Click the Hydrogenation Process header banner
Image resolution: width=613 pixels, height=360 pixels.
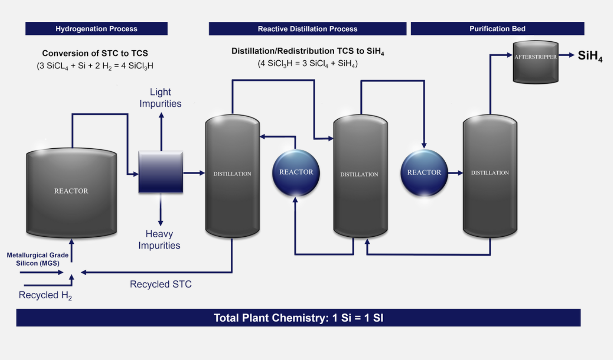(96, 29)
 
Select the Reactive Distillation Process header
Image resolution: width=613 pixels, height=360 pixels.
(307, 29)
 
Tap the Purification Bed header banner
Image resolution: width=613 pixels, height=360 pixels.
(497, 29)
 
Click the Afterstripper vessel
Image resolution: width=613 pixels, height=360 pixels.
(535, 62)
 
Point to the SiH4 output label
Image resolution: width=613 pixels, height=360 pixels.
(590, 56)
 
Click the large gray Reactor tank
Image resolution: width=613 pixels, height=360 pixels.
(72, 193)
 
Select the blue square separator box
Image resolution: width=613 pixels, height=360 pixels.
(161, 172)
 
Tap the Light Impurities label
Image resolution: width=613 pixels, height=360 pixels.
(161, 97)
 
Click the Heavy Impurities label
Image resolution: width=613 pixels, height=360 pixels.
(159, 240)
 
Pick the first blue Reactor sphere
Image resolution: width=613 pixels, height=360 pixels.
(296, 173)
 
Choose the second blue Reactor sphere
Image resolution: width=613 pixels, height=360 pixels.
(424, 173)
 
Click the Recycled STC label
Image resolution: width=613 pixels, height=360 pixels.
(161, 284)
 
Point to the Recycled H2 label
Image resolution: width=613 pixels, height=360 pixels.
(45, 296)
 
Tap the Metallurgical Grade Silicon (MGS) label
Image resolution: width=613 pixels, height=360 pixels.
(38, 259)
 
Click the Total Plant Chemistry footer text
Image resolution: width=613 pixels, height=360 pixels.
(298, 318)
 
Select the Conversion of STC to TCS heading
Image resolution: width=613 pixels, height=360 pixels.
(95, 53)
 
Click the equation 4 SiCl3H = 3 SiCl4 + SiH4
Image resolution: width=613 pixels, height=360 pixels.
(307, 64)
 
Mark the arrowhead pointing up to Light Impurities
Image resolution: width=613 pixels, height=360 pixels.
(161, 116)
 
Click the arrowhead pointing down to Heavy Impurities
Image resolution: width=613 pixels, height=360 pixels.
(161, 223)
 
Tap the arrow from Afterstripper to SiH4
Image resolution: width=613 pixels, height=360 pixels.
(566, 55)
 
